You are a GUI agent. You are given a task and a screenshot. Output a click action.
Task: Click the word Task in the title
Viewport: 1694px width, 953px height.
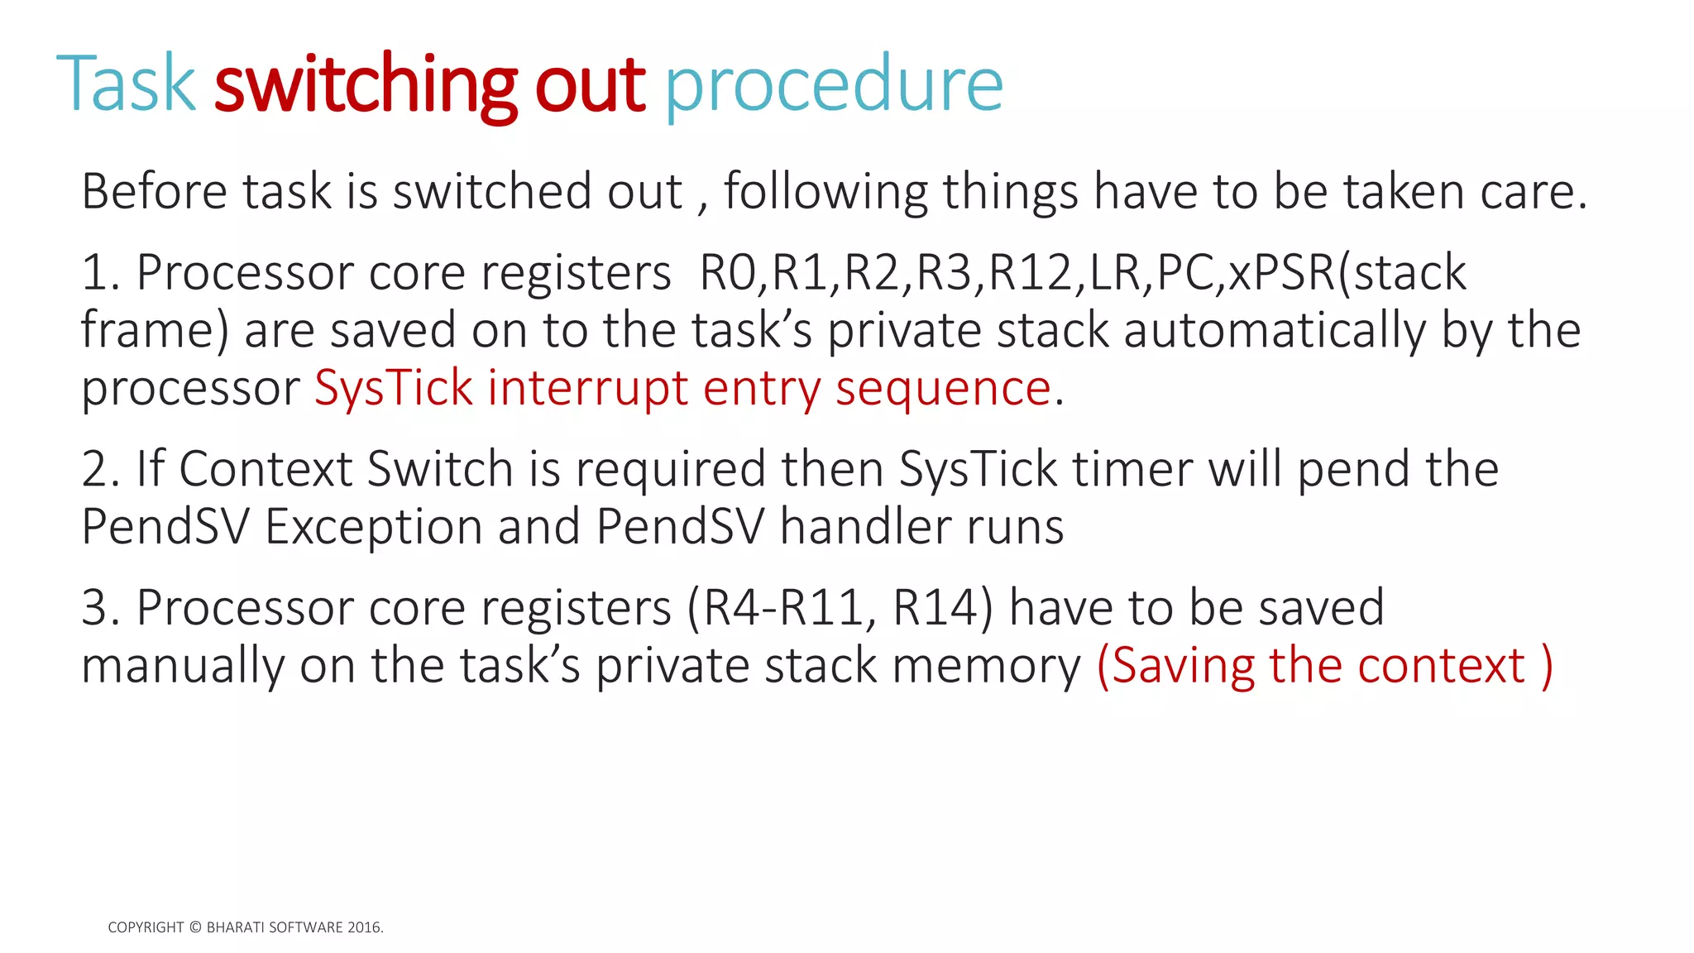pyautogui.click(x=126, y=84)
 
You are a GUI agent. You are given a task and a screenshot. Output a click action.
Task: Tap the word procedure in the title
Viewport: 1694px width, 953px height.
pyautogui.click(x=834, y=85)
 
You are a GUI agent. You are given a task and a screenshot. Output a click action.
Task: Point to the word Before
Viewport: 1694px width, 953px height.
pyautogui.click(x=154, y=191)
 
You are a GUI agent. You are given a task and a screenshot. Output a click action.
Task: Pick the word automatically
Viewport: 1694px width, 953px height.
pyautogui.click(x=1275, y=330)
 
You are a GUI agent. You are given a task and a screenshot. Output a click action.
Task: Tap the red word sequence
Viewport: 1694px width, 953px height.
pyautogui.click(x=943, y=389)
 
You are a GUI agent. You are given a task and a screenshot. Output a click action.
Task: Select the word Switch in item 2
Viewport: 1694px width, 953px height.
pyautogui.click(x=439, y=469)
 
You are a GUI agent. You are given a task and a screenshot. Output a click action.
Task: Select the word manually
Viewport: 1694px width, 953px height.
pyautogui.click(x=183, y=667)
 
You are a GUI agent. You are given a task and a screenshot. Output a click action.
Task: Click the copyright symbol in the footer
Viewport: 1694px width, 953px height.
pyautogui.click(x=195, y=928)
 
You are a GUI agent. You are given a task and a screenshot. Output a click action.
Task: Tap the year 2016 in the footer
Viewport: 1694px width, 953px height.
pyautogui.click(x=364, y=928)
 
